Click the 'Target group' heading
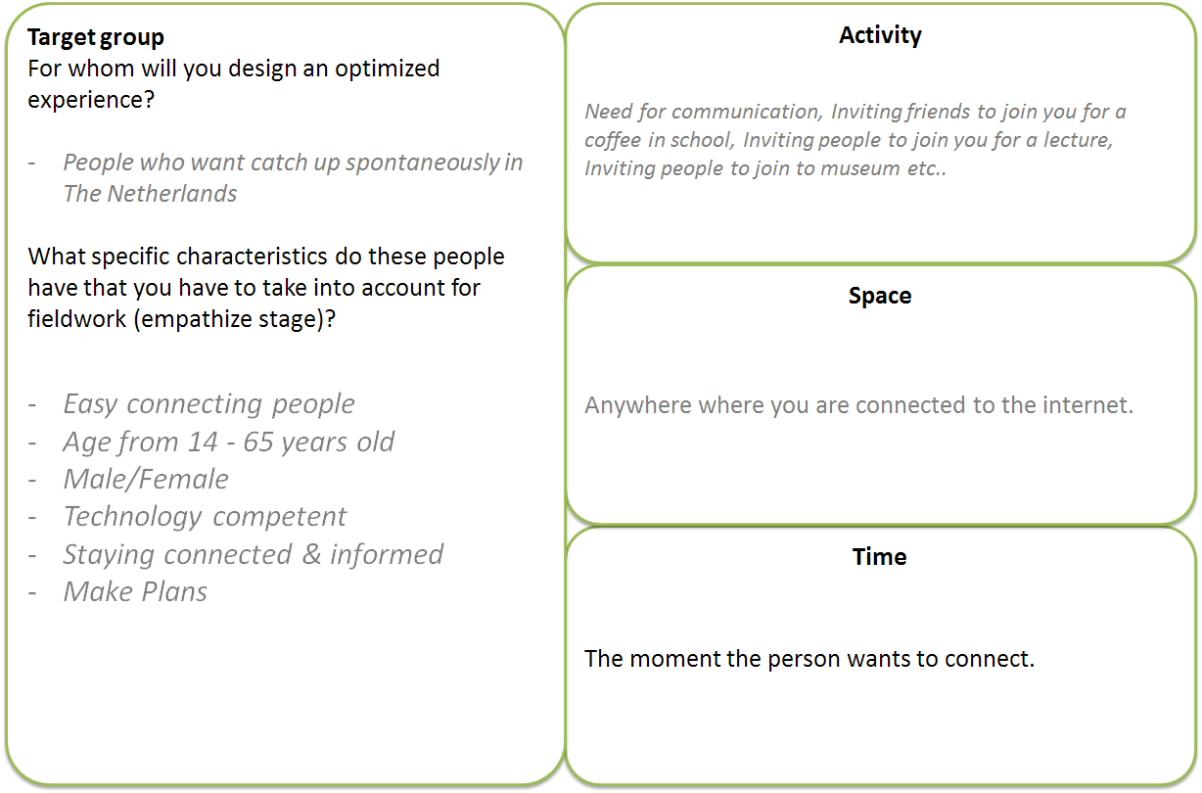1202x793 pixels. pyautogui.click(x=96, y=37)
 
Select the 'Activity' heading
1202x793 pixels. pyautogui.click(x=880, y=36)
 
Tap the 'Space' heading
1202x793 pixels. pyautogui.click(x=880, y=297)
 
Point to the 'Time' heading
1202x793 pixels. pyautogui.click(x=880, y=556)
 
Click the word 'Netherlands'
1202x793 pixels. pyautogui.click(x=171, y=194)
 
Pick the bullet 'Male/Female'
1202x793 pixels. pyautogui.click(x=146, y=479)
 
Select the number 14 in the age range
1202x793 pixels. pyautogui.click(x=203, y=443)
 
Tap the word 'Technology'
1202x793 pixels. pyautogui.click(x=132, y=517)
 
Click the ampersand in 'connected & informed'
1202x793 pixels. pyautogui.click(x=311, y=554)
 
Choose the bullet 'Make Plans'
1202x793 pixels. pyautogui.click(x=135, y=591)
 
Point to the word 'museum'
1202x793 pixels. pyautogui.click(x=860, y=168)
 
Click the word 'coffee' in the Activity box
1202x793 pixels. pyautogui.click(x=613, y=140)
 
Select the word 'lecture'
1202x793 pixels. pyautogui.click(x=1078, y=140)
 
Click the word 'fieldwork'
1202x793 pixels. pyautogui.click(x=76, y=319)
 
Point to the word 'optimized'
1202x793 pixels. pyautogui.click(x=388, y=70)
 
